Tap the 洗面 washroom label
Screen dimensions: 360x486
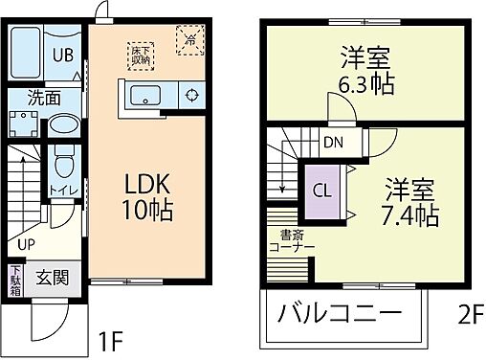pos(43,98)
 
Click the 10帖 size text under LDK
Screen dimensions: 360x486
pos(144,212)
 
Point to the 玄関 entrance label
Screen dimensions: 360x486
pos(52,280)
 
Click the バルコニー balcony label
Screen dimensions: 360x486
pos(339,313)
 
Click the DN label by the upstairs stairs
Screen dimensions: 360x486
pos(332,144)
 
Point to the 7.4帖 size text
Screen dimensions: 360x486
pos(413,209)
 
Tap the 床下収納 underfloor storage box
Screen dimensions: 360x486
pos(142,49)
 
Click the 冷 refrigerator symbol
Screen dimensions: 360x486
pos(189,40)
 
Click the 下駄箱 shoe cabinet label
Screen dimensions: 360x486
pos(15,281)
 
